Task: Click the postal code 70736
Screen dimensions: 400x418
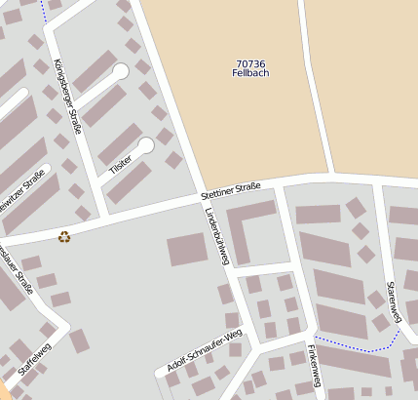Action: [x=250, y=64]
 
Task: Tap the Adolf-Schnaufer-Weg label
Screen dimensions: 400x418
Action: [x=204, y=351]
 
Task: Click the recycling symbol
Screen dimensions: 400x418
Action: [x=64, y=235]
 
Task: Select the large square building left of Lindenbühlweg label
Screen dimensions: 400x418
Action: [x=187, y=250]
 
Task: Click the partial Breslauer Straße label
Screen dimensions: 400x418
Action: [x=17, y=268]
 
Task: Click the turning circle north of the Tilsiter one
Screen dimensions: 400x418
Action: [x=121, y=71]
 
